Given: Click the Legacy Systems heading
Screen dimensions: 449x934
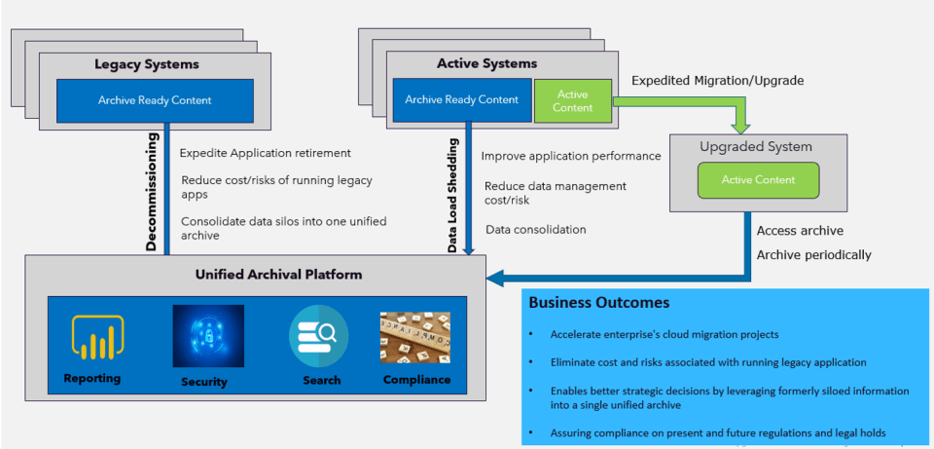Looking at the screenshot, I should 147,64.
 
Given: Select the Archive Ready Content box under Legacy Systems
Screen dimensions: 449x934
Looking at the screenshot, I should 155,100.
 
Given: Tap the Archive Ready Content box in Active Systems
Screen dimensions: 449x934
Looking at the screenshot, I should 462,100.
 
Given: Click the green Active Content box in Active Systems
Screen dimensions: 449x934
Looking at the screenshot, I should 573,101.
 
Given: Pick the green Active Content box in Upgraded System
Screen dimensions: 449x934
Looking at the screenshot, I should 758,180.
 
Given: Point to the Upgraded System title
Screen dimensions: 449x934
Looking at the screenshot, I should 756,147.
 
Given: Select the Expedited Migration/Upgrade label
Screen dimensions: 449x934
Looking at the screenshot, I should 718,81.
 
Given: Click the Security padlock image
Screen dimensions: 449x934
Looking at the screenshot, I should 208,336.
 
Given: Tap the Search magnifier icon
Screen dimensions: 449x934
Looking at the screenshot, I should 318,336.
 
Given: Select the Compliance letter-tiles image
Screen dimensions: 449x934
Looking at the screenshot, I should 415,337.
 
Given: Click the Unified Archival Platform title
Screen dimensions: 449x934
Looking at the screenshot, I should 278,275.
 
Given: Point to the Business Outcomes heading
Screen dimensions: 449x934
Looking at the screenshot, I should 598,303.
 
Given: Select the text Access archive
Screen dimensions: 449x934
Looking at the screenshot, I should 800,231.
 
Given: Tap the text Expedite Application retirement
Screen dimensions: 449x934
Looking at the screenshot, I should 266,153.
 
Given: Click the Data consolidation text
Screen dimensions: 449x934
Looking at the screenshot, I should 535,230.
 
